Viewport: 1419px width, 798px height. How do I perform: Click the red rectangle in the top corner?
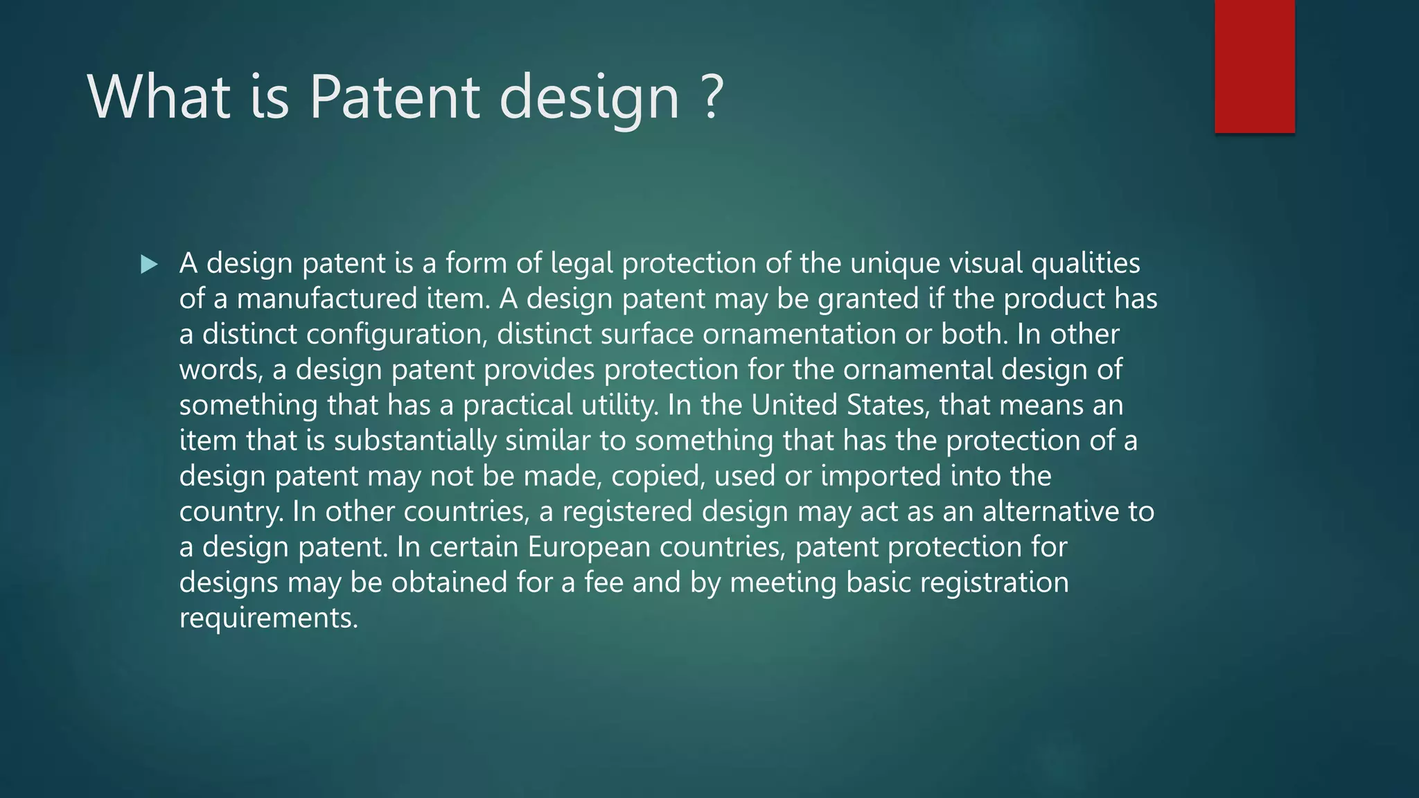tap(1254, 66)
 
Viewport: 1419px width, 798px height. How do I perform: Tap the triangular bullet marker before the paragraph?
tap(149, 264)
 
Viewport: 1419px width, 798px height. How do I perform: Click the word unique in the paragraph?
tap(894, 263)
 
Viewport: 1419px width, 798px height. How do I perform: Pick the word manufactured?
tap(326, 299)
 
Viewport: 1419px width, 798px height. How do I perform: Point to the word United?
tap(794, 405)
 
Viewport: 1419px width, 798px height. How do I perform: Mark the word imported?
tap(881, 476)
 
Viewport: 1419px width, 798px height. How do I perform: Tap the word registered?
tap(627, 512)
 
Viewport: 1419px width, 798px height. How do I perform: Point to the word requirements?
tap(268, 618)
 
